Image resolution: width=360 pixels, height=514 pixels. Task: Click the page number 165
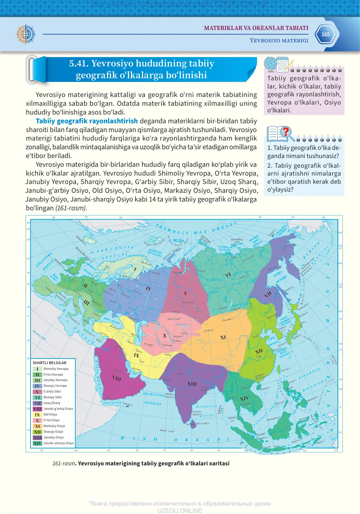tap(325, 34)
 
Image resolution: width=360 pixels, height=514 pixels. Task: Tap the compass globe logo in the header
tap(26, 34)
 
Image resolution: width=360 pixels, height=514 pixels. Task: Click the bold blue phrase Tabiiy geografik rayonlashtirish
tap(87, 121)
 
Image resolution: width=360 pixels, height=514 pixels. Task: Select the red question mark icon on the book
tap(285, 132)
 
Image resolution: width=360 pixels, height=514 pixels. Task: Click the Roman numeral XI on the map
tap(223, 337)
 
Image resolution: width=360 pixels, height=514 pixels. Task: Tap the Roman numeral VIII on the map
tap(117, 378)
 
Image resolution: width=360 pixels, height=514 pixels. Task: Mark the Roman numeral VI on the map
tap(228, 275)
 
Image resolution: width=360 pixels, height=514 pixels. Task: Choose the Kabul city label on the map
tap(168, 354)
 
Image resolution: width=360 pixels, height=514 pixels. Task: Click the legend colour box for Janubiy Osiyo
tap(37, 438)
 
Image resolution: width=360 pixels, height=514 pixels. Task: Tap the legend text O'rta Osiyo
tap(51, 420)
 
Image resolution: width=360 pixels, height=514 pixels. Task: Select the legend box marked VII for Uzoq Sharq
tap(37, 403)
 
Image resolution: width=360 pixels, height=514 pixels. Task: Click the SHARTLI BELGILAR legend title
tap(49, 363)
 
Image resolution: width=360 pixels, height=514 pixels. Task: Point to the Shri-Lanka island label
tap(203, 423)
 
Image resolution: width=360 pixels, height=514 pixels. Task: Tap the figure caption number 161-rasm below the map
tap(63, 464)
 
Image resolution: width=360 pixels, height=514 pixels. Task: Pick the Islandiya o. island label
tap(81, 241)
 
